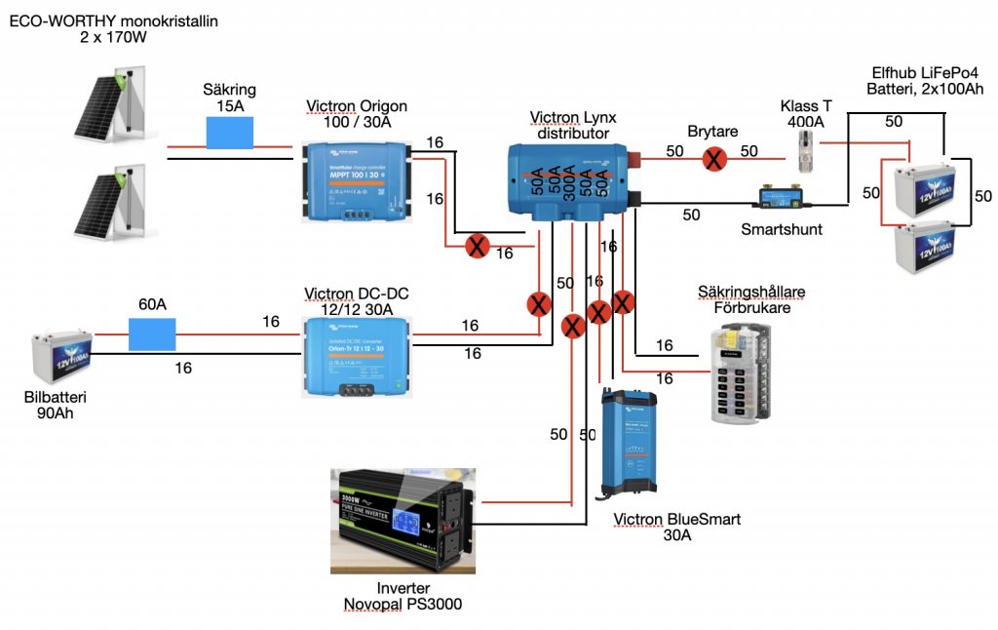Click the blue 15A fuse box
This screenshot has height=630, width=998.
click(x=229, y=133)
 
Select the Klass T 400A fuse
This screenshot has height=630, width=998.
click(x=805, y=152)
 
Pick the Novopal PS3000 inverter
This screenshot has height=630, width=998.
click(x=403, y=519)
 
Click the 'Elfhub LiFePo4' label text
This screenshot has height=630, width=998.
click(x=922, y=73)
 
